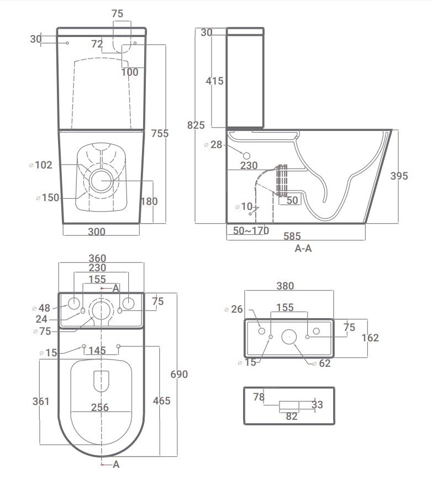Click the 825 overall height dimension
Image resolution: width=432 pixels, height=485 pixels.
pos(196,125)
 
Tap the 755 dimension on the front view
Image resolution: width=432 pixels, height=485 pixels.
pos(160,133)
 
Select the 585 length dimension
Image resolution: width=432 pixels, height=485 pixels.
pos(292,236)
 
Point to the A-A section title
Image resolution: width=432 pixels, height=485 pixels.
pos(303,249)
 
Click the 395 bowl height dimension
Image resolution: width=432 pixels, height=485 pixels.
pos(399,176)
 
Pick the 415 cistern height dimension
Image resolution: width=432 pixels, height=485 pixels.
pos(214,81)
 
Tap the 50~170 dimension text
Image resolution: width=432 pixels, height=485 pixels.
pos(251,230)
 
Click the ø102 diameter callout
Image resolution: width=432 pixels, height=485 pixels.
pos(41,165)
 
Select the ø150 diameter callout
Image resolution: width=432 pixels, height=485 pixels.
pos(48,197)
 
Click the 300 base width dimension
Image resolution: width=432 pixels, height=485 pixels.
pos(97,231)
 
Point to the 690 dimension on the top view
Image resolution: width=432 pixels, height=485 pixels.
pos(179,375)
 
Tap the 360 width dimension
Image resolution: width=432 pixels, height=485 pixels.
pos(97,258)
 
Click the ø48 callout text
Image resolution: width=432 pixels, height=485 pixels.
pos(41,308)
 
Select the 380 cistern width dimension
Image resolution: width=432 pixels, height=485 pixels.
pos(285,286)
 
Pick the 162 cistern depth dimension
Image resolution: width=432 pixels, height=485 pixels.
pos(370,338)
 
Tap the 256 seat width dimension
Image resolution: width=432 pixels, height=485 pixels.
pos(99,407)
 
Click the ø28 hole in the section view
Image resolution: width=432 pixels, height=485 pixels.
pos(246,156)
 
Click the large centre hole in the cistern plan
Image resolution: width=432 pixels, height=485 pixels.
pos(289,336)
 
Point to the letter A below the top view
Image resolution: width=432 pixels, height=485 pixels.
pos(116,464)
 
